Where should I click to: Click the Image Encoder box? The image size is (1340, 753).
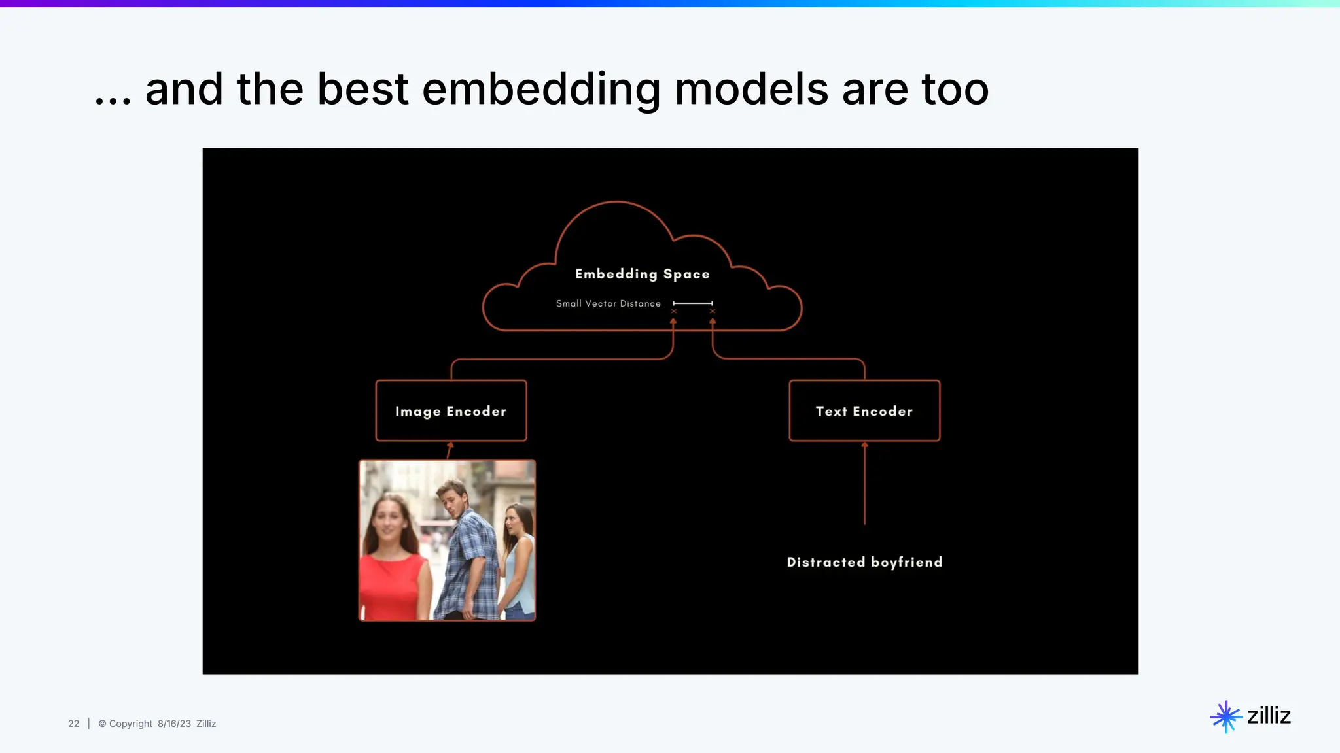pos(451,411)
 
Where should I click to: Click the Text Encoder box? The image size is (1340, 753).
pos(864,411)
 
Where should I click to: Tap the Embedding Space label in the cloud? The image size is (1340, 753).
pos(642,274)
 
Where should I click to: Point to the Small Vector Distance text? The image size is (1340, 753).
pos(608,303)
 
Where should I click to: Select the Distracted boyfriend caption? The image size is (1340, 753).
pos(864,562)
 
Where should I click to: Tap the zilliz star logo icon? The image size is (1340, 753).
pos(1225,717)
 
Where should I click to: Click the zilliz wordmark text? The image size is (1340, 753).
pos(1269,716)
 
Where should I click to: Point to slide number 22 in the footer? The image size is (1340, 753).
pos(73,724)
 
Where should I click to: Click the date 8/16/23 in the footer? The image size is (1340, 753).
pos(174,724)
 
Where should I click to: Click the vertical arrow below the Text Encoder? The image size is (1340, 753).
pos(864,484)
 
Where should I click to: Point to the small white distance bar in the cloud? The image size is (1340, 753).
pos(692,303)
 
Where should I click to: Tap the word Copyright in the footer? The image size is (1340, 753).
pos(130,724)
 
